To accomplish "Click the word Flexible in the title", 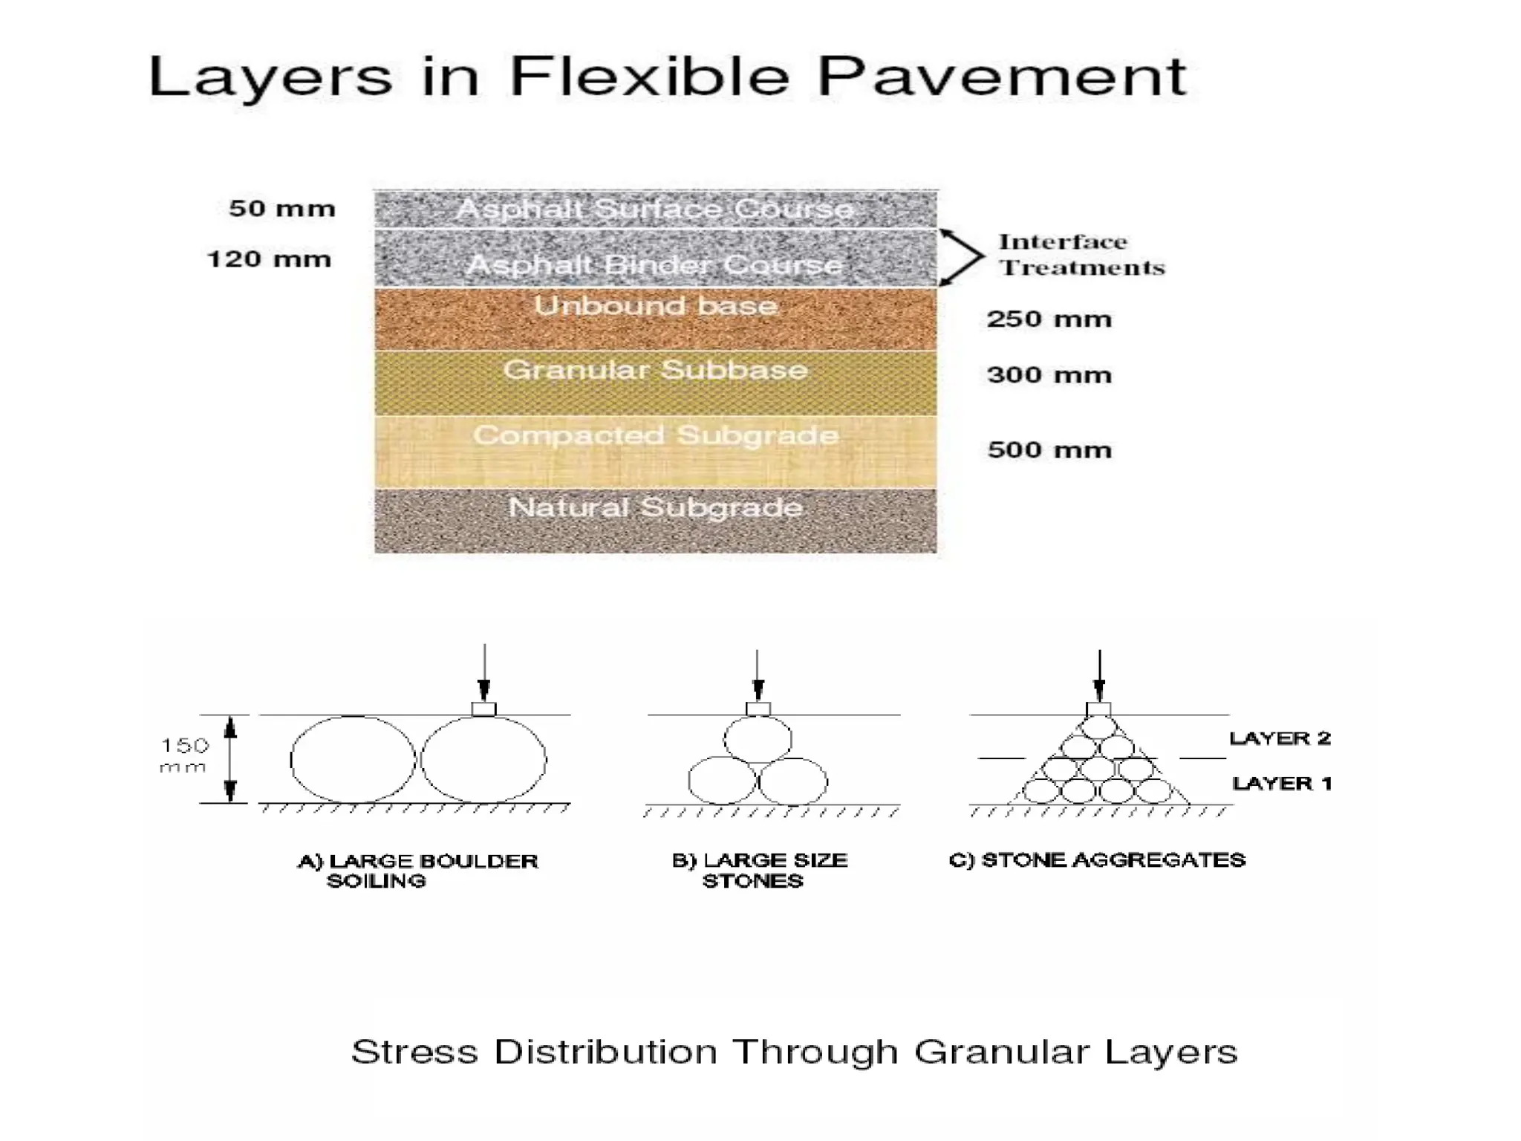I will point(649,76).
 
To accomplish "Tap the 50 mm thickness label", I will point(282,209).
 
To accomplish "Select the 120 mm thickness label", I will point(269,259).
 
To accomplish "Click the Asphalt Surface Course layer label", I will point(655,209).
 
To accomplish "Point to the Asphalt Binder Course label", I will point(655,264).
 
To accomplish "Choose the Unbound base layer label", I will point(655,305).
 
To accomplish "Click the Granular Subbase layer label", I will point(655,369).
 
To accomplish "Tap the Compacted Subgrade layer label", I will point(655,435).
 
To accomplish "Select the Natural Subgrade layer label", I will point(655,507).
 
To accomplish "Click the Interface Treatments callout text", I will point(1081,254).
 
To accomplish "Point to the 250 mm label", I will point(1049,319).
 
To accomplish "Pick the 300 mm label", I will point(1049,375).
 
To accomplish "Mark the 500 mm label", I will point(1049,450).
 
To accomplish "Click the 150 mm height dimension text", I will point(184,755).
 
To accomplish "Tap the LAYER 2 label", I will point(1280,738).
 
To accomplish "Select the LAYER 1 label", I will point(1281,784).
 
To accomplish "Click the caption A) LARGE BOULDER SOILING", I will point(417,871).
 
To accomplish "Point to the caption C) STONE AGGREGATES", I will point(1097,860).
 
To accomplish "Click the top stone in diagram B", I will point(758,740).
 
